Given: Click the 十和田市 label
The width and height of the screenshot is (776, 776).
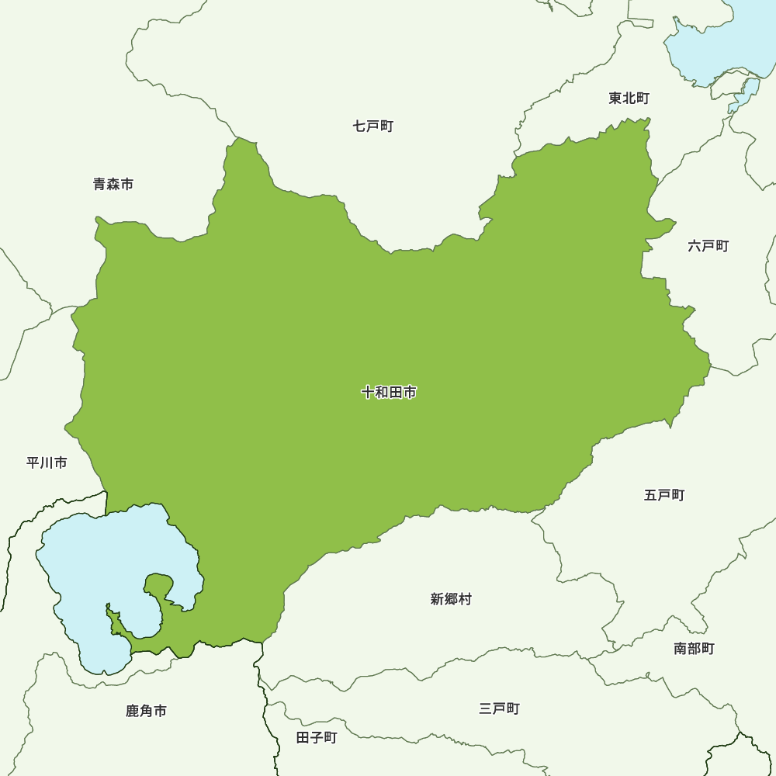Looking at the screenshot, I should tap(389, 393).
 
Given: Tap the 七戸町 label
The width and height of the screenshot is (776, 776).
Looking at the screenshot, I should tap(373, 126).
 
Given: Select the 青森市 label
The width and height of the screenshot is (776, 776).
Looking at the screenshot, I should tap(113, 184).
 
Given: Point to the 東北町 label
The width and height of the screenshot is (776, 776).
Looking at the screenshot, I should tap(629, 98).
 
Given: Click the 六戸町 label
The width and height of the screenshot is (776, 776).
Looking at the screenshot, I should tap(708, 246).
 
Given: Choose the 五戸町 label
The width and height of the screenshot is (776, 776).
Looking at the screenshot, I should tap(664, 494).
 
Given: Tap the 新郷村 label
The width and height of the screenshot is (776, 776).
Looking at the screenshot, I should tap(451, 599).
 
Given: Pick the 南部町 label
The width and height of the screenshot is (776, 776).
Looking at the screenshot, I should tap(694, 648).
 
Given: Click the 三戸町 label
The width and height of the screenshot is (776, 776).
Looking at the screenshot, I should tap(499, 708).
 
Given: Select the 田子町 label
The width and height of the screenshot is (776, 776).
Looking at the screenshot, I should tap(317, 737).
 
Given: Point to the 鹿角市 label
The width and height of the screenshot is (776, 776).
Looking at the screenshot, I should tap(146, 711).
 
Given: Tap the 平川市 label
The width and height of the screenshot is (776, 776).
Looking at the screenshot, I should tap(47, 462).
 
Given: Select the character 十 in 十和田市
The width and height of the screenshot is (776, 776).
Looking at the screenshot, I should tap(368, 393).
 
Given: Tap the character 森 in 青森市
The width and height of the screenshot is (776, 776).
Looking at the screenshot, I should tap(113, 184).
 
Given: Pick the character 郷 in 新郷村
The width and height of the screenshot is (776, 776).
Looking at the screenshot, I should tap(451, 599).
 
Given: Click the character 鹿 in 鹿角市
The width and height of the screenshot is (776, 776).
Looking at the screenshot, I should tap(133, 711).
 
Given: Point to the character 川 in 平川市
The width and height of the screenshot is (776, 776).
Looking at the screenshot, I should tap(47, 462).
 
